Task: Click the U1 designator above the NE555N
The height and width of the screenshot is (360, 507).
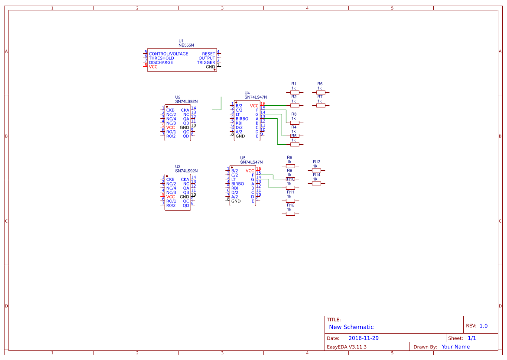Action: pyautogui.click(x=181, y=41)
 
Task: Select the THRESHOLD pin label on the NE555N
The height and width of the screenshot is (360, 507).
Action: pyautogui.click(x=161, y=58)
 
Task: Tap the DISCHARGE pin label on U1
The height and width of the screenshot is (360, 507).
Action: pyautogui.click(x=161, y=62)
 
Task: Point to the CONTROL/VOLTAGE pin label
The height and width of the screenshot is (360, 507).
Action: pyautogui.click(x=168, y=54)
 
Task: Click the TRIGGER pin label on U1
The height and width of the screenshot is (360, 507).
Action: pyautogui.click(x=206, y=62)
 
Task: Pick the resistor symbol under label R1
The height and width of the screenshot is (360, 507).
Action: pyautogui.click(x=294, y=92)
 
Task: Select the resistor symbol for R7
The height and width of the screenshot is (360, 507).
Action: pyautogui.click(x=320, y=105)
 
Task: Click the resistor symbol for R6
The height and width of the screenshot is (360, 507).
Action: pyautogui.click(x=320, y=92)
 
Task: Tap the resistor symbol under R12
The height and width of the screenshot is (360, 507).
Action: pyautogui.click(x=290, y=214)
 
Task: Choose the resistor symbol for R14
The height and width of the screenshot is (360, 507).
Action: pyautogui.click(x=316, y=183)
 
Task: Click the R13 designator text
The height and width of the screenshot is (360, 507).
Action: pyautogui.click(x=316, y=162)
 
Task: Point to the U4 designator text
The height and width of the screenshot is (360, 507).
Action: pyautogui.click(x=247, y=93)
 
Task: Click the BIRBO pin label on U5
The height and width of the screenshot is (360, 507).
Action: pyautogui.click(x=237, y=184)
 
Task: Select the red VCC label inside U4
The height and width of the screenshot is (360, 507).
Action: pyautogui.click(x=254, y=106)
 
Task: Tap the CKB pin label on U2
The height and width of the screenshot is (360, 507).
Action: pyautogui.click(x=170, y=110)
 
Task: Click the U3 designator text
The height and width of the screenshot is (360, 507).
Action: pyautogui.click(x=178, y=166)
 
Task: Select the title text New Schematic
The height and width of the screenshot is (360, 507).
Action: pyautogui.click(x=351, y=327)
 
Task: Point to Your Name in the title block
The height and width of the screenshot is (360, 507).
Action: pyautogui.click(x=455, y=347)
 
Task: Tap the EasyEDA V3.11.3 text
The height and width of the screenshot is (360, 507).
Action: pyautogui.click(x=346, y=347)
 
